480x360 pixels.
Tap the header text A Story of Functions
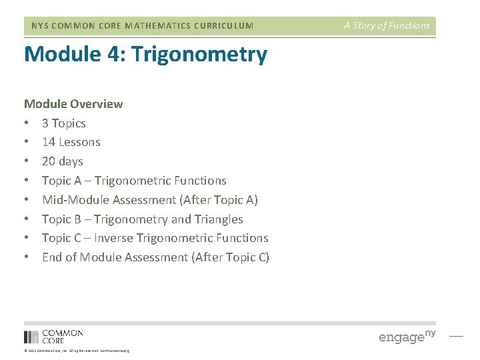387,26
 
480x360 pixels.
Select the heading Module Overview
73,104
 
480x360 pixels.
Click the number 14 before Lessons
49,142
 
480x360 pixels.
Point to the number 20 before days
49,161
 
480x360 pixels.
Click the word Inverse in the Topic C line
114,238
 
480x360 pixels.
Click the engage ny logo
407,335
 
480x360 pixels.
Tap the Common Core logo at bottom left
53,336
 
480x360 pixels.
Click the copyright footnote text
77,351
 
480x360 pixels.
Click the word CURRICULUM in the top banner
223,26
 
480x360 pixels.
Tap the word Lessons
79,142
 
